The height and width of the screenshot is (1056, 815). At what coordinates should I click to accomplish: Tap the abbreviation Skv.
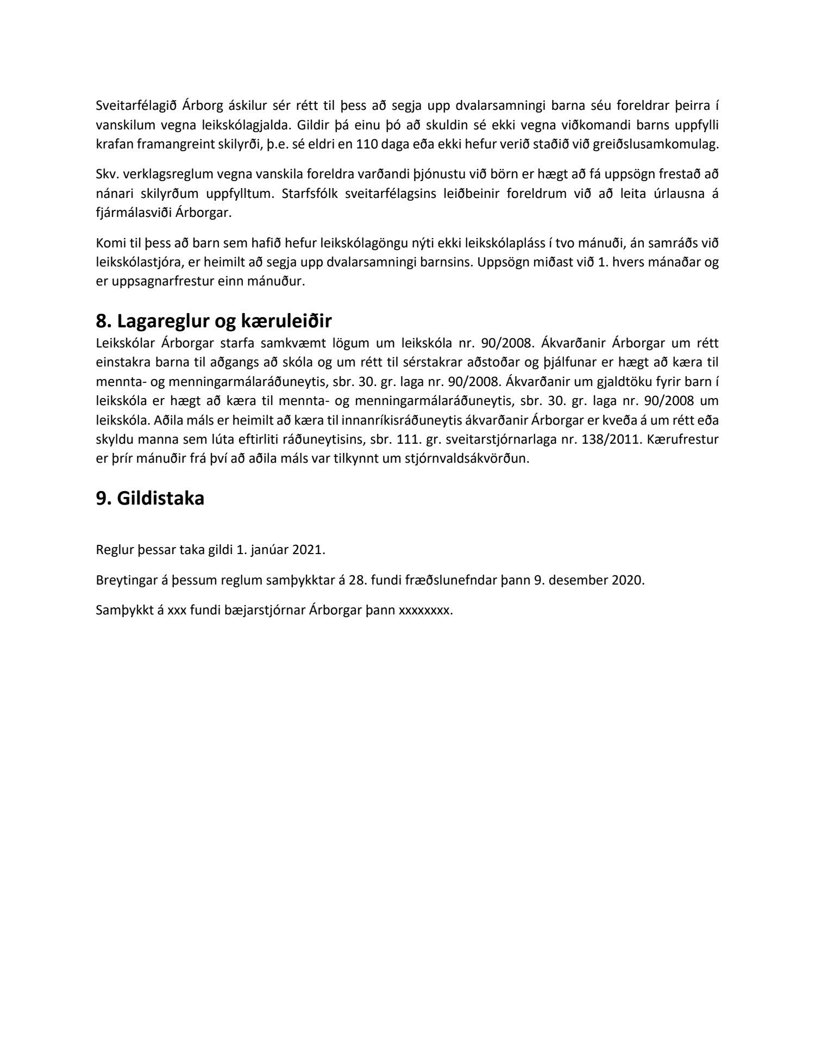click(x=105, y=174)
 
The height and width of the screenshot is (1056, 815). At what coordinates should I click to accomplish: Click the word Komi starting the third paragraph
click(x=108, y=243)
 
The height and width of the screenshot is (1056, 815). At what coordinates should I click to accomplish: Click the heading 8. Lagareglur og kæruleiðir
click(x=214, y=321)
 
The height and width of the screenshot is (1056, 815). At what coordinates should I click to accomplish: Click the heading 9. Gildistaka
click(x=150, y=498)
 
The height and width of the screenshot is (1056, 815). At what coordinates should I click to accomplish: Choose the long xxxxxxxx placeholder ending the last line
click(x=424, y=610)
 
